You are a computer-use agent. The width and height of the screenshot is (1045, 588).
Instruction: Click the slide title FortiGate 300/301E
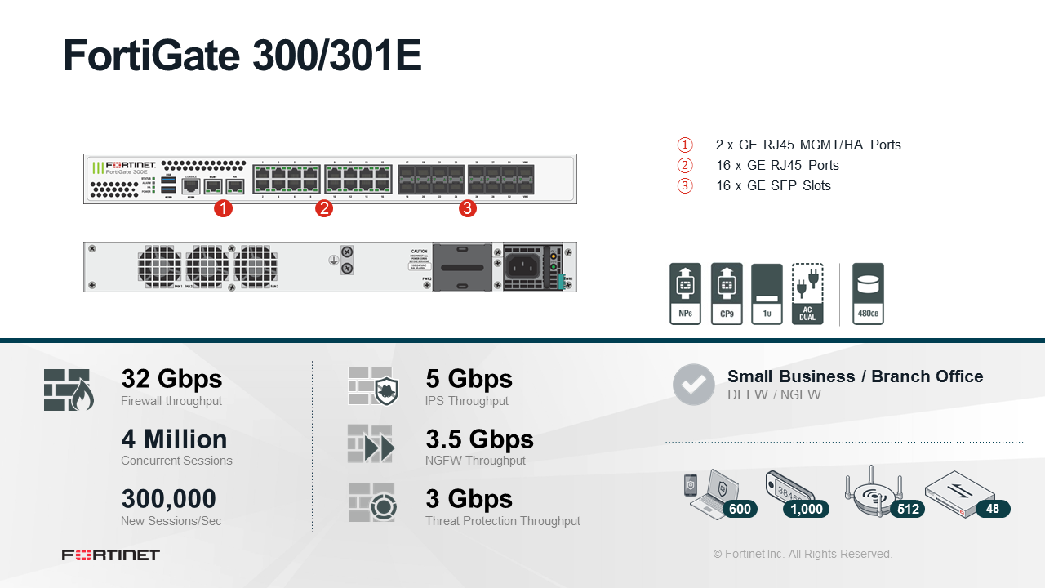(x=242, y=56)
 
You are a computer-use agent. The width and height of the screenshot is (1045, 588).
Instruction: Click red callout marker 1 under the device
(x=223, y=209)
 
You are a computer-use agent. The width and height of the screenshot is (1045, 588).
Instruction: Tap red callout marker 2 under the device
(x=324, y=209)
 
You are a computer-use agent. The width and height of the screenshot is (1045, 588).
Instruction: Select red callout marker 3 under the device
(x=468, y=209)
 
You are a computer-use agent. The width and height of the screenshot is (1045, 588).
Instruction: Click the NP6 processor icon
(x=685, y=294)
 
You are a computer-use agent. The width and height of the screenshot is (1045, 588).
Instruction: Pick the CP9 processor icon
(x=727, y=294)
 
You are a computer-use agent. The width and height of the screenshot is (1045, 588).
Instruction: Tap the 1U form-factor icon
(x=767, y=294)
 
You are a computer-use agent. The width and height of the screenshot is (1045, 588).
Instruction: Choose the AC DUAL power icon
(x=807, y=294)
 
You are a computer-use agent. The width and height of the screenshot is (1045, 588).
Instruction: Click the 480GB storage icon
(x=868, y=294)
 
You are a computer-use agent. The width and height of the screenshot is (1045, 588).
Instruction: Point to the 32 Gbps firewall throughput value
(x=171, y=379)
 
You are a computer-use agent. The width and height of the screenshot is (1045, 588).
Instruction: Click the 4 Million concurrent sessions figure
(x=174, y=439)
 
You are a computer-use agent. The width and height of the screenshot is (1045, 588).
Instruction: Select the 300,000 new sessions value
(x=168, y=499)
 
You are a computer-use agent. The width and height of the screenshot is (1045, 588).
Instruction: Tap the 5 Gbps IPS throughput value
(x=469, y=379)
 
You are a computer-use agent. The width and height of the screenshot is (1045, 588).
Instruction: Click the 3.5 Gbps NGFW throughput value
(x=479, y=439)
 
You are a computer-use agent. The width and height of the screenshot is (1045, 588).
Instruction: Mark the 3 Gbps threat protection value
(x=469, y=499)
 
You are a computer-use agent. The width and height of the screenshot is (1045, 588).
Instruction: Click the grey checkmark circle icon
(x=694, y=385)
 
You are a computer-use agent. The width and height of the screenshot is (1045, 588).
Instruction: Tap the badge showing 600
(x=740, y=509)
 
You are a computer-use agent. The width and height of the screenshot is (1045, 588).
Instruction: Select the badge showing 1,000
(x=807, y=509)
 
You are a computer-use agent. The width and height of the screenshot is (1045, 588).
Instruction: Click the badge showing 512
(x=908, y=509)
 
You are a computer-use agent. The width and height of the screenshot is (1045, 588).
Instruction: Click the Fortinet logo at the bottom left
(x=111, y=555)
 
